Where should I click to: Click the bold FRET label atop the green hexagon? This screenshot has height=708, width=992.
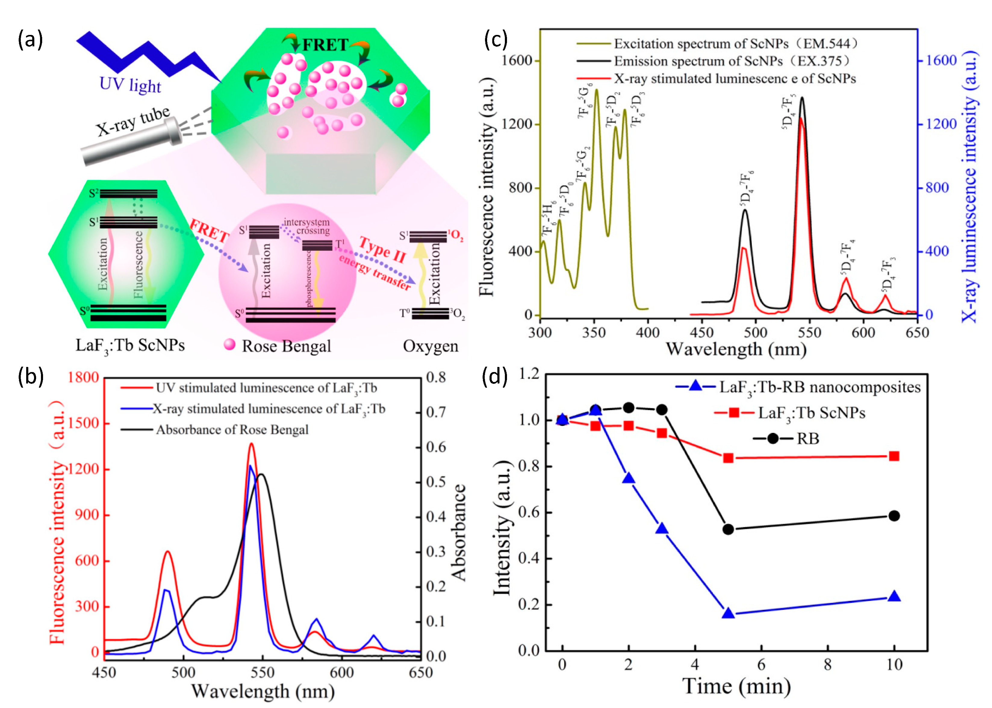tap(325, 45)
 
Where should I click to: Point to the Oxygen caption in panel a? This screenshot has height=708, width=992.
tap(431, 346)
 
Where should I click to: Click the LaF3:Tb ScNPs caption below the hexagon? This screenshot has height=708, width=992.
tap(130, 346)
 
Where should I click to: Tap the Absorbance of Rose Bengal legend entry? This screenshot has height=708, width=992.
tap(232, 430)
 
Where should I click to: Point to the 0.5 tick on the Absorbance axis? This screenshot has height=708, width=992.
tap(436, 482)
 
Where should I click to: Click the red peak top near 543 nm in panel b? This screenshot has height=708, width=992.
tap(251, 444)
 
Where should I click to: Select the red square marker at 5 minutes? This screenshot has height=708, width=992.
tap(728, 458)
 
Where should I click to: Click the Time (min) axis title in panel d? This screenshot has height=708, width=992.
tap(736, 687)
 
